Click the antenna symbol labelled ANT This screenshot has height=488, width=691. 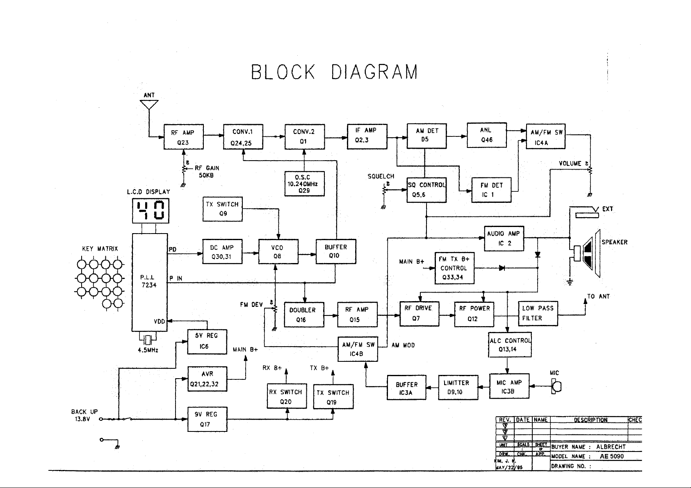(149, 104)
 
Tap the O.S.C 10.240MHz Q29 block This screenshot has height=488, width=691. (304, 184)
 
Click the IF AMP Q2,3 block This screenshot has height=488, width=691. (367, 136)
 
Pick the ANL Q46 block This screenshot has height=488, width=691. (487, 135)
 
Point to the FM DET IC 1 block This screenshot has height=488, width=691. (491, 190)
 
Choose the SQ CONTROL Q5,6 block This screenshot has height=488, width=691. (426, 190)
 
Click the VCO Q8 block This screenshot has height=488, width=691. (278, 252)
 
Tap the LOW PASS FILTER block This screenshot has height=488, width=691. (538, 313)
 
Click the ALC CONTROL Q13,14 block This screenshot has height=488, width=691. (510, 345)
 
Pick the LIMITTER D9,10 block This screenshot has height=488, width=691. (458, 387)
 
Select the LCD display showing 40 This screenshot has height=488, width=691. (149, 211)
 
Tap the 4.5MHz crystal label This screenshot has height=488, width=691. (148, 350)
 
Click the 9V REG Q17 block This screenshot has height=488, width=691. (207, 419)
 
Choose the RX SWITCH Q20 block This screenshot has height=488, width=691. (287, 397)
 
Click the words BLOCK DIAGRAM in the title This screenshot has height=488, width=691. (334, 73)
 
